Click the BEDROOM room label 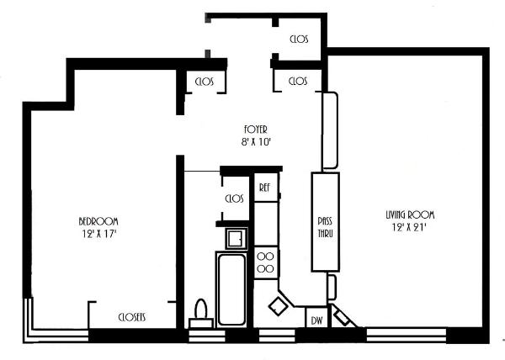tap(98, 221)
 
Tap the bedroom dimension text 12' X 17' tap(98, 234)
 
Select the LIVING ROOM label tap(410, 214)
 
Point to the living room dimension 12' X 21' tap(409, 227)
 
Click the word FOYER tap(255, 130)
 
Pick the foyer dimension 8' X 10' tap(256, 142)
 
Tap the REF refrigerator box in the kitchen tap(266, 188)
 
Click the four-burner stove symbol tap(266, 262)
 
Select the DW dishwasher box tap(316, 318)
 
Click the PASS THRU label tap(325, 227)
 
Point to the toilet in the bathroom tap(201, 314)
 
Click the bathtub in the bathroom tap(231, 289)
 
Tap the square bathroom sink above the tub tap(237, 238)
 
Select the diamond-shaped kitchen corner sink tap(279, 306)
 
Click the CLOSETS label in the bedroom tap(132, 318)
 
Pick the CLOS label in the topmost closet tap(299, 40)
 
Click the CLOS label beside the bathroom tap(235, 199)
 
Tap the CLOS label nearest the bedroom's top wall tap(205, 82)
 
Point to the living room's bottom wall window tap(407, 335)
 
